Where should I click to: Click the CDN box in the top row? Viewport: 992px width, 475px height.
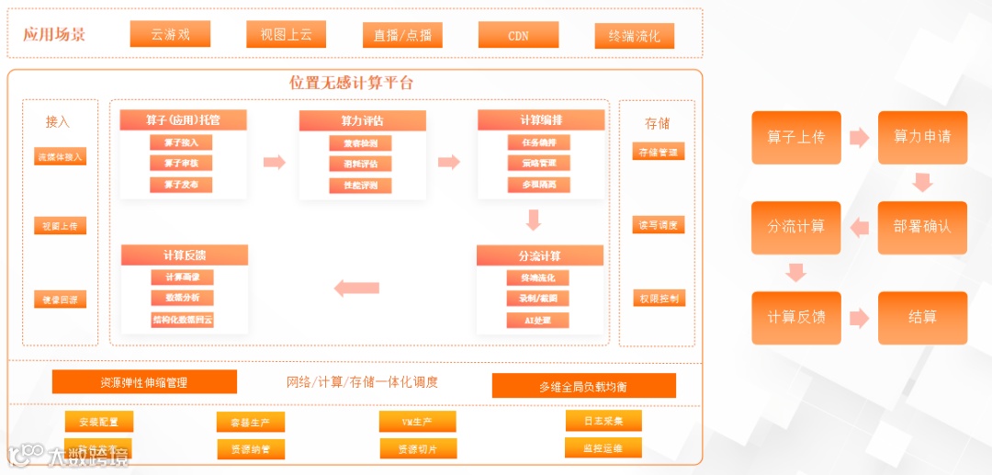click(x=518, y=35)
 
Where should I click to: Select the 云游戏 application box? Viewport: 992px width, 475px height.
click(x=170, y=34)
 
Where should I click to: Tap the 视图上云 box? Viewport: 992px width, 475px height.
click(x=286, y=34)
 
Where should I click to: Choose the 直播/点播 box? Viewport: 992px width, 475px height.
click(x=402, y=35)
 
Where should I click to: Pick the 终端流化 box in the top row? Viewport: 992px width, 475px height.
click(x=635, y=36)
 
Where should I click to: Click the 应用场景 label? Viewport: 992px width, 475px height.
click(x=54, y=35)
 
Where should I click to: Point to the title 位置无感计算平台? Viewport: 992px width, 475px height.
click(x=351, y=83)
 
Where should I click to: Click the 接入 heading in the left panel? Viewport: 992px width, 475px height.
click(x=58, y=121)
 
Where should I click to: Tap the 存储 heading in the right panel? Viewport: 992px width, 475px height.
click(x=657, y=123)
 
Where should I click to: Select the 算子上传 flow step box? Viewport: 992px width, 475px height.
click(x=796, y=138)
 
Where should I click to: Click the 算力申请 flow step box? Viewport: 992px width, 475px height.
click(x=922, y=138)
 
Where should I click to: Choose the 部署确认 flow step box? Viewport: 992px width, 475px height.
click(x=922, y=227)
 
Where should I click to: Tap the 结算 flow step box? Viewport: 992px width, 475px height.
click(x=922, y=318)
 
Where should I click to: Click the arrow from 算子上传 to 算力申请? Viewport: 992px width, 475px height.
click(x=859, y=138)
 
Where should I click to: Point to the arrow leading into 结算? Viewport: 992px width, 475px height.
click(x=859, y=318)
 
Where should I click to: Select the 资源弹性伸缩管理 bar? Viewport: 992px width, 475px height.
click(x=144, y=381)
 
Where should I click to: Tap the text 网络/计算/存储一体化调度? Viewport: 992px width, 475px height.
click(x=363, y=381)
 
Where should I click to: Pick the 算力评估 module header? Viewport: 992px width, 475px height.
click(x=362, y=120)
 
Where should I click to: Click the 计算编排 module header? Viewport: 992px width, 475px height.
click(x=541, y=119)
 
